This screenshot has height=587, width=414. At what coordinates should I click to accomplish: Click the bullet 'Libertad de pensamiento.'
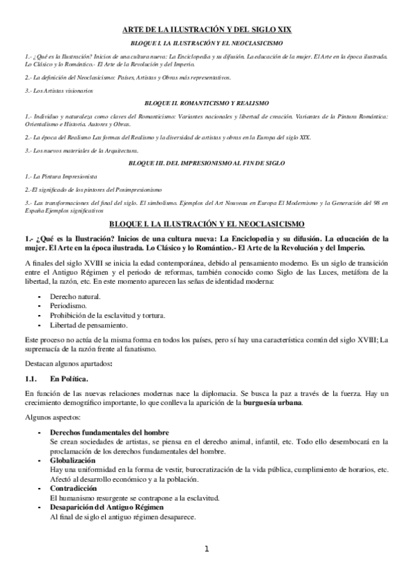[x=88, y=325]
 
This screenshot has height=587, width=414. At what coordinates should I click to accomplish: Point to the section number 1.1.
[x=31, y=379]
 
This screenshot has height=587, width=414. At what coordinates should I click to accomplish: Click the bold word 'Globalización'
[x=73, y=460]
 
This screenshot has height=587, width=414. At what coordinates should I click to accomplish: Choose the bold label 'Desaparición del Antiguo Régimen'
[x=108, y=507]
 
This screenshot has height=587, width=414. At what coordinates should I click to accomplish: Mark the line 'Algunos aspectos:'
[x=52, y=418]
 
